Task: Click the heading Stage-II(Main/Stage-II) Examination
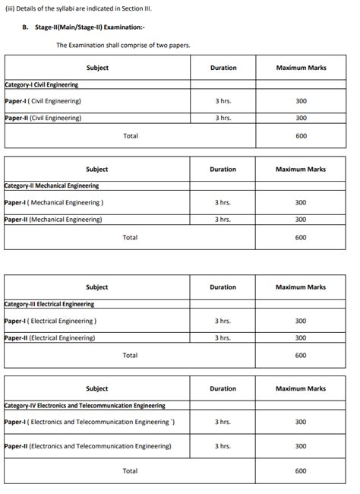pos(84,27)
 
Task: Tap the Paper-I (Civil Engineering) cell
pos(43,101)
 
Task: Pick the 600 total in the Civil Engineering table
pos(301,136)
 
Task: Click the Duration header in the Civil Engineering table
pos(223,68)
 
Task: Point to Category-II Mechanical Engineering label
pos(52,185)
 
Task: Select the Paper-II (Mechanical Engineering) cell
pos(53,220)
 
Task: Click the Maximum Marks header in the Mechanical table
pos(301,169)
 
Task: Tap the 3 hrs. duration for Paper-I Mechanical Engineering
pos(223,203)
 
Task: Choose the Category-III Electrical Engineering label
pos(49,304)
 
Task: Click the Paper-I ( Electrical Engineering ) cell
pos(50,321)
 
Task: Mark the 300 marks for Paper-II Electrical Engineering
pos(301,338)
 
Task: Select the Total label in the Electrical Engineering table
pos(130,356)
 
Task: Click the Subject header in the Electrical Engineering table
pos(97,287)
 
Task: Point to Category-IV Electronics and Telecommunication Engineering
pos(84,406)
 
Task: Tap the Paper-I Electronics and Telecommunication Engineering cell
pos(90,422)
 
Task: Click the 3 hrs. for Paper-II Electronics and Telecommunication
pos(223,446)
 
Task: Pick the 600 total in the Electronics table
pos(301,471)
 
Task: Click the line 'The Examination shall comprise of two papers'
pos(123,46)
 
